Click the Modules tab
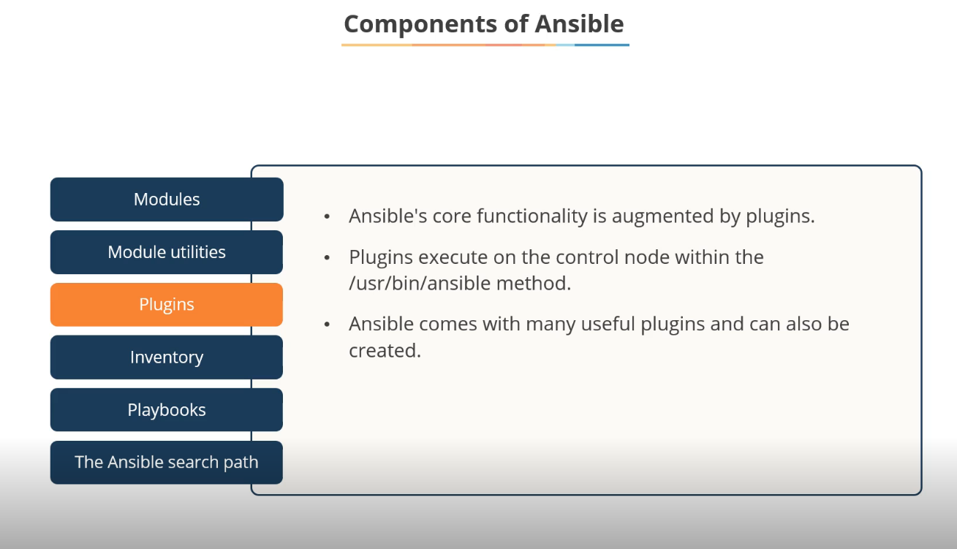tap(167, 199)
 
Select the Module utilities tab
tap(167, 252)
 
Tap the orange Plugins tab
tap(167, 304)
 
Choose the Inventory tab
tap(167, 357)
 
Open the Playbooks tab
tap(167, 410)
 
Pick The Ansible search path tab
tap(167, 462)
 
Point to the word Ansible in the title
tap(579, 24)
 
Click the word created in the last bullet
tap(385, 351)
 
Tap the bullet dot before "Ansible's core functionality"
tap(328, 217)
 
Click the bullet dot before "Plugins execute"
tap(328, 258)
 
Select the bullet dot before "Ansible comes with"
tap(328, 325)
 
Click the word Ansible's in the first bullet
tap(383, 216)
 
